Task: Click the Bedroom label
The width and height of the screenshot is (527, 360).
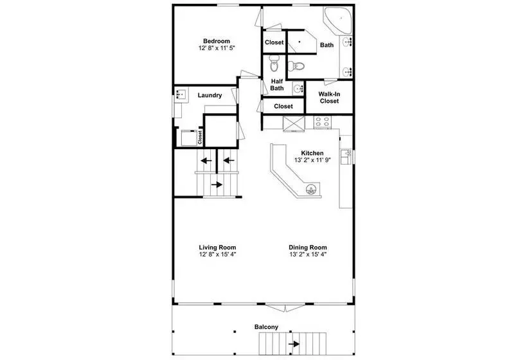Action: (217, 41)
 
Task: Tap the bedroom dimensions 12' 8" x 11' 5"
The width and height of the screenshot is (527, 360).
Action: (217, 48)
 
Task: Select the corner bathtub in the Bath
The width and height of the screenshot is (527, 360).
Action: (337, 20)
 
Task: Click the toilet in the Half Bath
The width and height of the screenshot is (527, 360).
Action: (274, 64)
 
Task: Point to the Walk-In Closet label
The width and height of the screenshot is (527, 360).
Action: (329, 98)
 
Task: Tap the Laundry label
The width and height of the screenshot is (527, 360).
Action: (210, 95)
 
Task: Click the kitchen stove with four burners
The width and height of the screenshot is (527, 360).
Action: (322, 122)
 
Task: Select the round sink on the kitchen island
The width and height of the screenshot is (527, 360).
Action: (312, 190)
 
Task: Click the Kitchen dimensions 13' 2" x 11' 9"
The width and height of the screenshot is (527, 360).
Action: (312, 160)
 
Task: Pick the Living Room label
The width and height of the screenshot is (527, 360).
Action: (217, 248)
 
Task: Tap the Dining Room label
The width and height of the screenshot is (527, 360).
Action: (308, 248)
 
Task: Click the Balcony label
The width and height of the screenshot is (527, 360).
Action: (266, 327)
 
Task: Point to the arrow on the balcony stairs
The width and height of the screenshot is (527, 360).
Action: (294, 344)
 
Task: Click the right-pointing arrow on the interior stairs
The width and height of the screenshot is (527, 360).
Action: (217, 184)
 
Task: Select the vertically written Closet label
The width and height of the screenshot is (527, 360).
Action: (200, 137)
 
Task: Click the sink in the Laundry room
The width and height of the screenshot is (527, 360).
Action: (181, 94)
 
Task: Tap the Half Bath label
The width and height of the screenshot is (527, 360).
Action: (277, 85)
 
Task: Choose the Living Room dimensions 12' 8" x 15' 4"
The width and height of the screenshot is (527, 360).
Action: (217, 255)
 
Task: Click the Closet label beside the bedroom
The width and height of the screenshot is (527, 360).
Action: (274, 42)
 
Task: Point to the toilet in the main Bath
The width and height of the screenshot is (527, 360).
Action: (296, 66)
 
